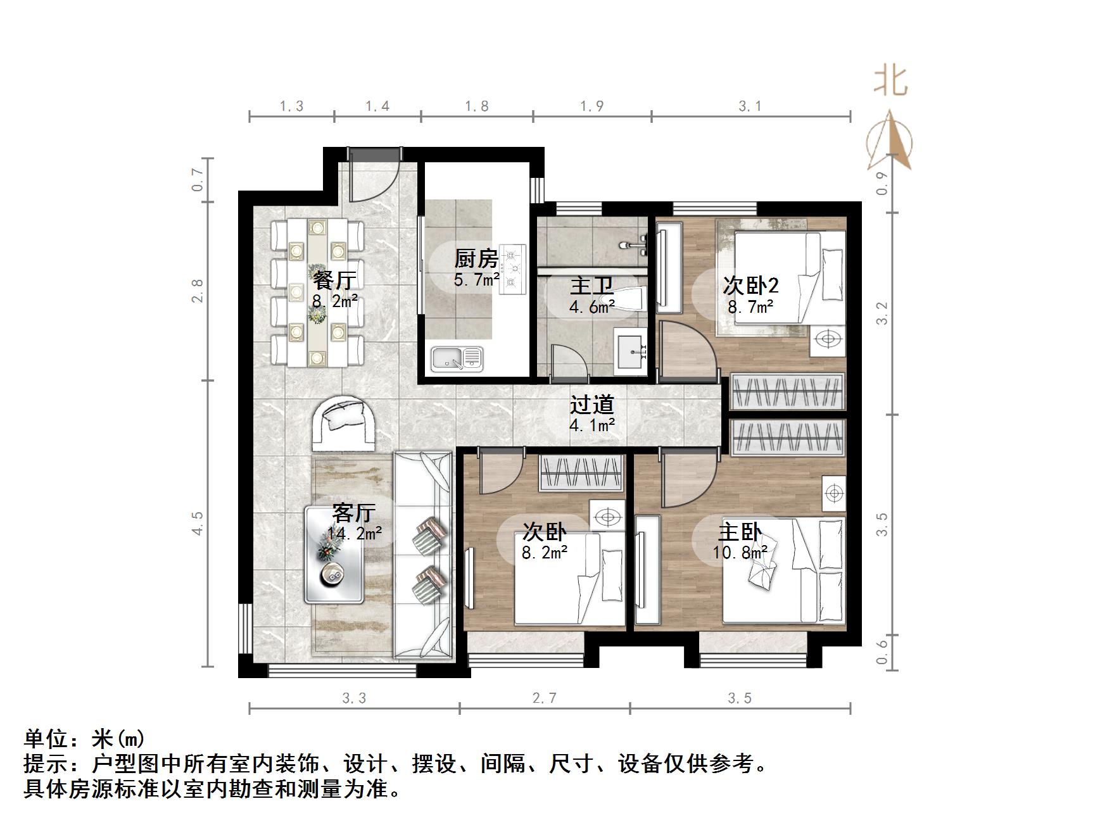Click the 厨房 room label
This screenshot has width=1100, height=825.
click(476, 258)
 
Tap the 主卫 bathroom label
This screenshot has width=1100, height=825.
click(591, 286)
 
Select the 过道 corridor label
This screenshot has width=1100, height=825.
click(592, 405)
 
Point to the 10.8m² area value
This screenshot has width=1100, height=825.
click(740, 553)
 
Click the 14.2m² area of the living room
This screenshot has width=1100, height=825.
click(355, 534)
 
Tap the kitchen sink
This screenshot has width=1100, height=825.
click(457, 359)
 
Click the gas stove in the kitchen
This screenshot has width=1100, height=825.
click(513, 269)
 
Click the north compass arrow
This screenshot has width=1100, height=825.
click(890, 141)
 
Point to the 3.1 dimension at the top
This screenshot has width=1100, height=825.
click(750, 106)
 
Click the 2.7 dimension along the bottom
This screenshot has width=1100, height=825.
click(545, 698)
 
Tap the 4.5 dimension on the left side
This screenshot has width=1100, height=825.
click(198, 523)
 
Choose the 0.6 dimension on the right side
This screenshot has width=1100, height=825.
click(882, 651)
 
